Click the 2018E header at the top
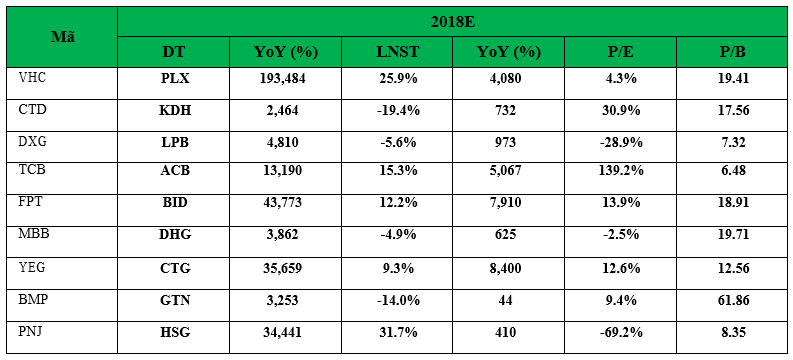point(453,22)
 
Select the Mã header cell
point(63,37)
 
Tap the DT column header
point(173,52)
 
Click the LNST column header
point(397,52)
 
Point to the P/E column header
point(621,52)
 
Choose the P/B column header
point(734,52)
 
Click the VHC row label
point(31,78)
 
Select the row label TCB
point(31,170)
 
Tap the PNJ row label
point(31,332)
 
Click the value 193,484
point(285,79)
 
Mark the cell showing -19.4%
point(397,111)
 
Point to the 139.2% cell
point(620,171)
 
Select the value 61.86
point(734,300)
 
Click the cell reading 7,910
point(508,203)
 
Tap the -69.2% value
point(620,332)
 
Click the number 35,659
point(285,267)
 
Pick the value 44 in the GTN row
point(508,300)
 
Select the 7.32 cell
point(734,143)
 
